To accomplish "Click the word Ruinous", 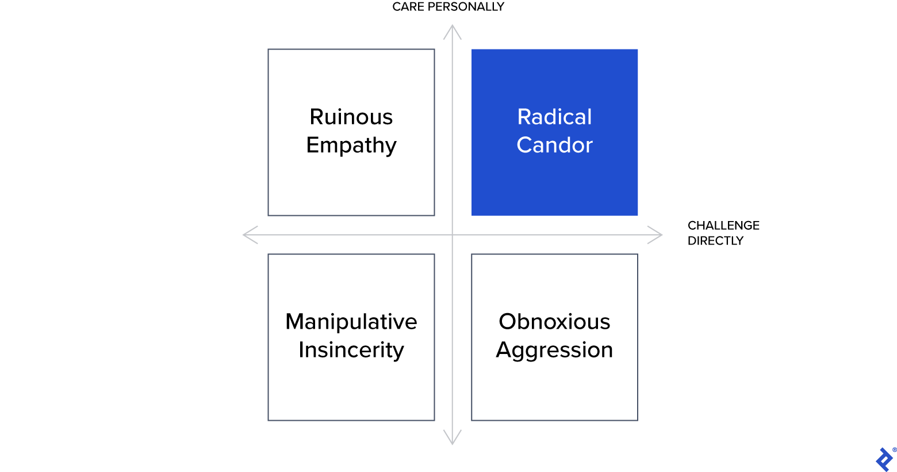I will click(351, 117).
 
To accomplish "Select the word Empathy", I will click(351, 146).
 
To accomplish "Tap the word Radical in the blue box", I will click(554, 117).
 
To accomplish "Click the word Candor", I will click(554, 145).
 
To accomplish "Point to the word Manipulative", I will click(351, 322).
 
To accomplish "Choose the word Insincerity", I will click(351, 350).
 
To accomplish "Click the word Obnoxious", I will click(554, 322).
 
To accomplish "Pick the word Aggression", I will click(554, 351).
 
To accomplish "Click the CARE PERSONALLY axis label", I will click(448, 7).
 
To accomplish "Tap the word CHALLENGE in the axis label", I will click(723, 226).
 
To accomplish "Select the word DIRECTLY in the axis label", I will click(715, 241).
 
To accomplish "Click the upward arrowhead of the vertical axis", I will click(453, 29).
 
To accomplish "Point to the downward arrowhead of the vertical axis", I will click(453, 441).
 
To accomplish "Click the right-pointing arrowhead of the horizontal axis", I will click(658, 235).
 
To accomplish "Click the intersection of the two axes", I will click(453, 235).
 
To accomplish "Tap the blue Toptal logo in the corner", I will click(884, 459).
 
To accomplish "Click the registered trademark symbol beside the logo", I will click(894, 450).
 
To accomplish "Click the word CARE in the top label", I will click(408, 7).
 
